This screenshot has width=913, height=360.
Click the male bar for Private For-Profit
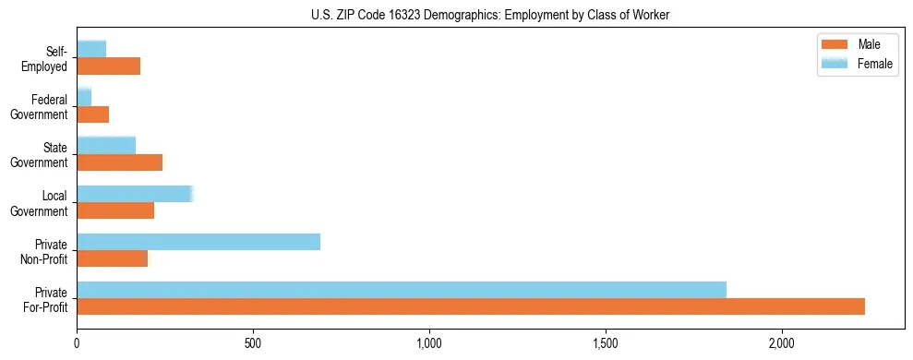[471, 306]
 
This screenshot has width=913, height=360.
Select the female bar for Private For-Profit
[402, 290]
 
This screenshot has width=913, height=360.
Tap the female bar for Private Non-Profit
[198, 242]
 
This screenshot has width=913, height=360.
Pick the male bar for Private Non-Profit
[113, 258]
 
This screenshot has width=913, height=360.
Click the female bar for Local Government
[135, 194]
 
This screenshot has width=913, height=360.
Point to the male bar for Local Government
[115, 210]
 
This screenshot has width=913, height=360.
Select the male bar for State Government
[120, 162]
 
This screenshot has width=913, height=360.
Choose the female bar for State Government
[106, 145]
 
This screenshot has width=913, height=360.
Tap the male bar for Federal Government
[93, 114]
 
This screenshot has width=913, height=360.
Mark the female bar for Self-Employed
[91, 49]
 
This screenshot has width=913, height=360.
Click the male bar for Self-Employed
[109, 66]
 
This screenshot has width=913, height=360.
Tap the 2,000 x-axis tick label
[782, 344]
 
